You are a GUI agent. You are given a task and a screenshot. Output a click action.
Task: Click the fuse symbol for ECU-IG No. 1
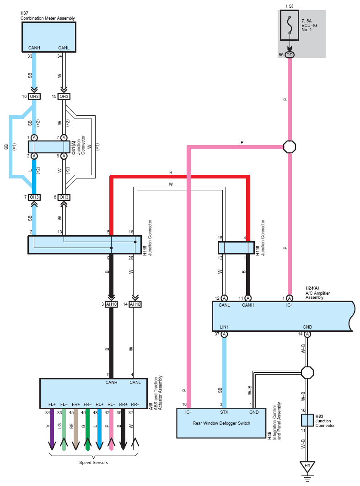click(x=290, y=26)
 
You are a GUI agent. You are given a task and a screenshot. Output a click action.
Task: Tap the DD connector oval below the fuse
click(x=290, y=55)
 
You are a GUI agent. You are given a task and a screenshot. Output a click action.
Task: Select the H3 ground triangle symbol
click(x=307, y=466)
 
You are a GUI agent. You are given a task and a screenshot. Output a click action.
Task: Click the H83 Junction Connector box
click(x=307, y=420)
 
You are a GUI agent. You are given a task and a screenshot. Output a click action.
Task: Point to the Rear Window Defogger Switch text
click(x=221, y=423)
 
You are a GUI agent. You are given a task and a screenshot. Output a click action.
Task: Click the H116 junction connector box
click(x=236, y=248)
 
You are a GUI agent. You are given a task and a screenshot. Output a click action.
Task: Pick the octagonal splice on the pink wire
click(x=290, y=146)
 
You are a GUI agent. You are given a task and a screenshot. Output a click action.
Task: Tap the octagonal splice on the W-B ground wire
click(x=307, y=373)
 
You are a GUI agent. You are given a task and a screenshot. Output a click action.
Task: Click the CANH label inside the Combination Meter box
click(x=34, y=48)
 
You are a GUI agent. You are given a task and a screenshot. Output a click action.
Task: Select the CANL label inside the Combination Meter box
click(x=64, y=48)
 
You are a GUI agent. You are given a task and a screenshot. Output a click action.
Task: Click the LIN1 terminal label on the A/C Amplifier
click(x=224, y=327)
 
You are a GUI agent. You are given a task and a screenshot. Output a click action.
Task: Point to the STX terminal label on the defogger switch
click(x=224, y=412)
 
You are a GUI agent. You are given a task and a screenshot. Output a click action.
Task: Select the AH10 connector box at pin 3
click(x=111, y=304)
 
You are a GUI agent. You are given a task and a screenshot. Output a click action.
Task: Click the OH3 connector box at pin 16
click(x=34, y=97)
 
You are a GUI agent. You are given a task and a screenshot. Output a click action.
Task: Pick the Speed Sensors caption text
click(x=94, y=463)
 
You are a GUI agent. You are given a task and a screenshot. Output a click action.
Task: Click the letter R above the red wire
click(x=171, y=173)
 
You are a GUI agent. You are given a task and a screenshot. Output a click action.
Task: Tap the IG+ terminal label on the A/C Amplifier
click(x=290, y=305)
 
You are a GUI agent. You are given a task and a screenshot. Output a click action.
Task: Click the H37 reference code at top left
click(x=24, y=13)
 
